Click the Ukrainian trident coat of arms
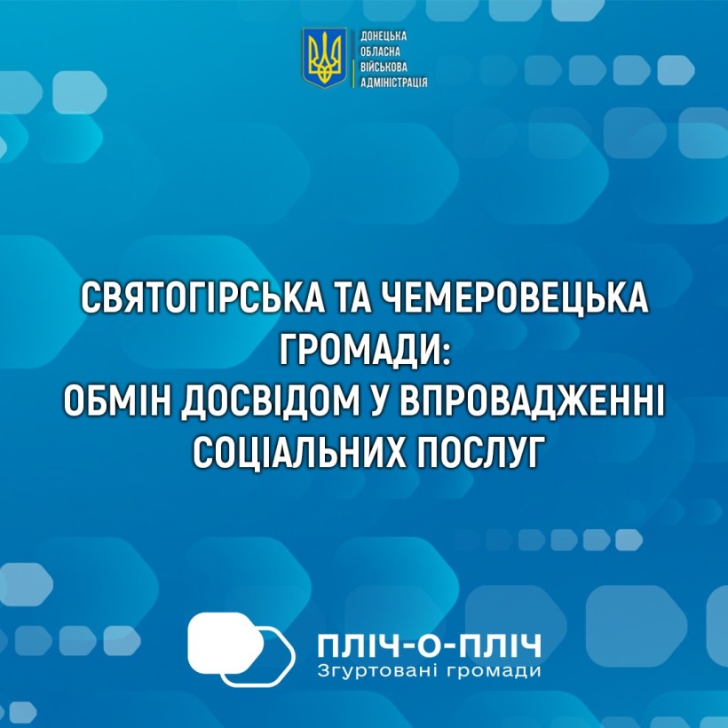325,58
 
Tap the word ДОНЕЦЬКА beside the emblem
384,37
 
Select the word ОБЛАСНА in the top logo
380,52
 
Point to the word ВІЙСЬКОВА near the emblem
384,67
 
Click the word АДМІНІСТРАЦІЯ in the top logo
394,83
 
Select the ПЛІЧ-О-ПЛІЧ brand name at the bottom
430,646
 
